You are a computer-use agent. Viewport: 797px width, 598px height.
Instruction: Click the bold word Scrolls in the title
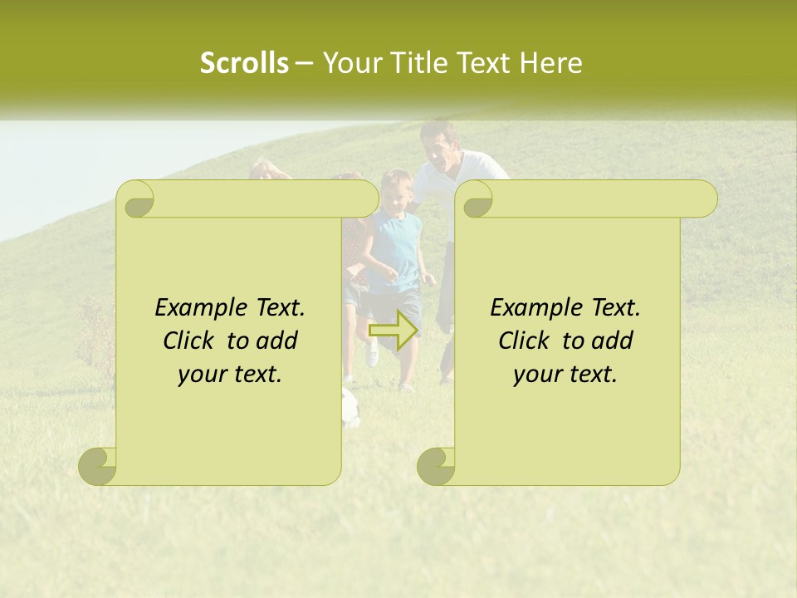(244, 62)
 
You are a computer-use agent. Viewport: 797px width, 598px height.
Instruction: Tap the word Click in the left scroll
(188, 341)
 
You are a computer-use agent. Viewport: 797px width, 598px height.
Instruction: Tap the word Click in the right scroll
(524, 341)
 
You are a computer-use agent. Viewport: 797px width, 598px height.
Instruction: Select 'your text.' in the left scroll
(230, 375)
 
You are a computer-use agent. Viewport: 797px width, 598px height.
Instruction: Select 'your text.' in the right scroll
(565, 375)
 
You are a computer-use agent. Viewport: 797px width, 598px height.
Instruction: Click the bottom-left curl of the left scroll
(98, 466)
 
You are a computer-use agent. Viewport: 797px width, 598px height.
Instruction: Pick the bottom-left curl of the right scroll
(436, 466)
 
